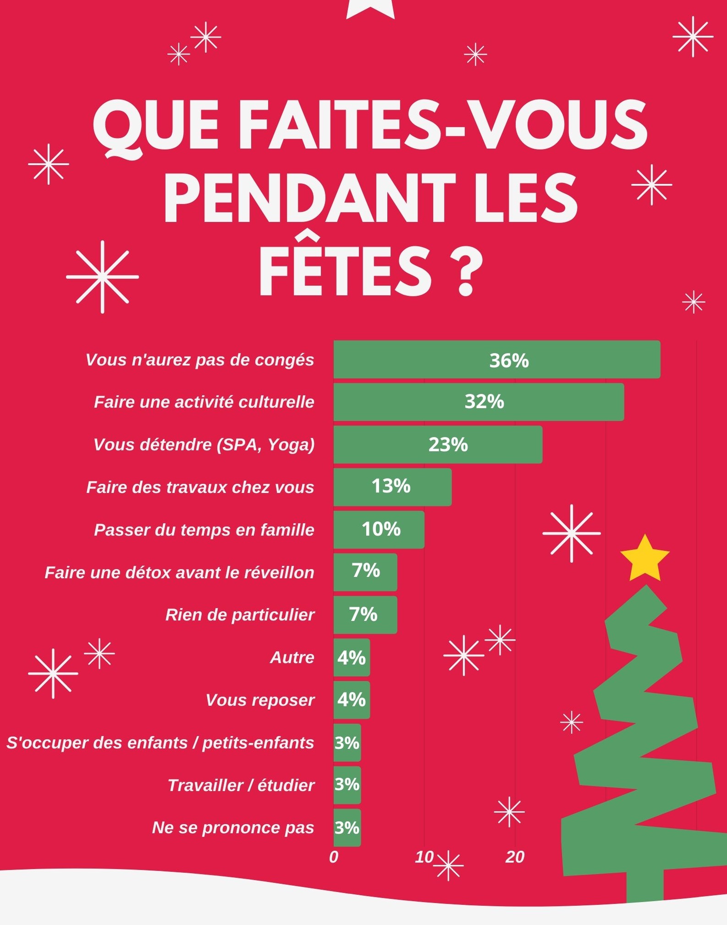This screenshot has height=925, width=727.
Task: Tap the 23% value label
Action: (448, 444)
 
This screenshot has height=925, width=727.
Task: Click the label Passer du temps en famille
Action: (204, 530)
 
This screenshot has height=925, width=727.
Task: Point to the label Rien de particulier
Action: (240, 615)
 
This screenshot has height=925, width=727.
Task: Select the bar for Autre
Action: (352, 657)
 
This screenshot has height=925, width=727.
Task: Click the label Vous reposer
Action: (260, 700)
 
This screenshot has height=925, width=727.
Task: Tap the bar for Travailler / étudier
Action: (347, 785)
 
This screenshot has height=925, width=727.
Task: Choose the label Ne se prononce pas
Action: (233, 827)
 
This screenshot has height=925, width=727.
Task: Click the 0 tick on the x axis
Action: (334, 857)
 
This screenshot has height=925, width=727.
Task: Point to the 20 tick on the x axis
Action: (515, 857)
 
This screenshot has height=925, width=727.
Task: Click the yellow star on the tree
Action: (645, 559)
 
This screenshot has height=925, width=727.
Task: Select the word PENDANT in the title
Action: (309, 198)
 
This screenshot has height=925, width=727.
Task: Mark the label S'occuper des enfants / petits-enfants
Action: (160, 742)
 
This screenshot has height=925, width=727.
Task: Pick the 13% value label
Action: (391, 486)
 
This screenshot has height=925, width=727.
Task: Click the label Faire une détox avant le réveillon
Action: (179, 572)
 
